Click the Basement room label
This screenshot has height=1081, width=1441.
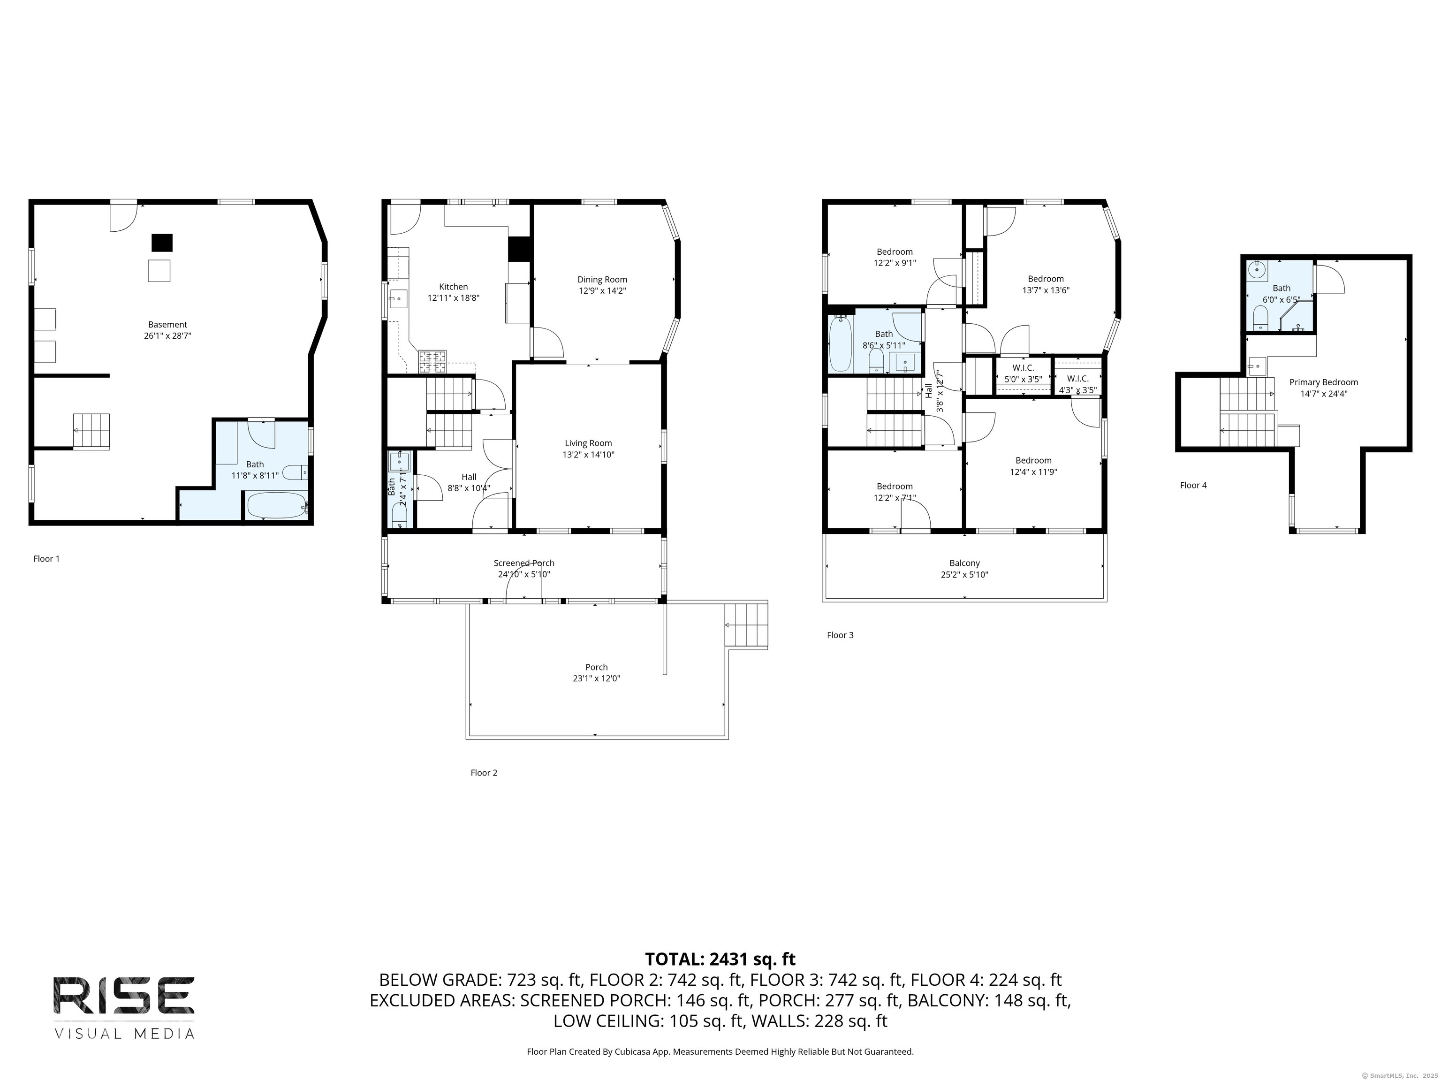point(167,325)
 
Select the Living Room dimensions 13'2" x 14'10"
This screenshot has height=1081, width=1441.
point(588,455)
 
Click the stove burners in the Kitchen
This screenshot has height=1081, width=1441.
point(432,361)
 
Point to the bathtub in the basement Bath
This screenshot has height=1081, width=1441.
point(275,505)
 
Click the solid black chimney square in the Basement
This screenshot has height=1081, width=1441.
point(162,243)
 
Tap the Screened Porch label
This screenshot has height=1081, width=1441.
point(524,563)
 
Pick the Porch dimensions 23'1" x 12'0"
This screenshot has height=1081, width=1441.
point(596,678)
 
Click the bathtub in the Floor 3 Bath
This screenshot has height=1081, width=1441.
point(841,343)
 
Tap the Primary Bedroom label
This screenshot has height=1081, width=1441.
point(1324,382)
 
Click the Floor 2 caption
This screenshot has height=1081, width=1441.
point(484,773)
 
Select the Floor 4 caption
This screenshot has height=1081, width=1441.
point(1193,486)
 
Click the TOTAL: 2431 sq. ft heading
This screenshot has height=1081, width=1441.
point(720,959)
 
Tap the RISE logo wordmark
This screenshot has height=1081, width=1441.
point(124,995)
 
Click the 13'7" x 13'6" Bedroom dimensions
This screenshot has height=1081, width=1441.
point(1046,290)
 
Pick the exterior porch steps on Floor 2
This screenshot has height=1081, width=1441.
point(747,625)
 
